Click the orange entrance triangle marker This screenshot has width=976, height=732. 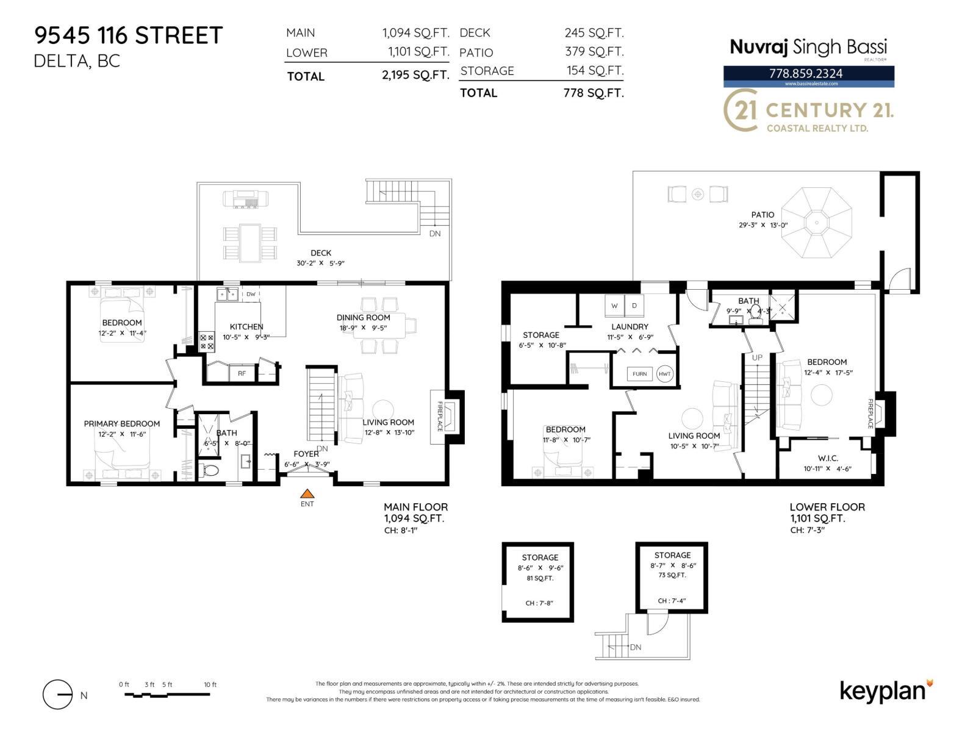(x=307, y=494)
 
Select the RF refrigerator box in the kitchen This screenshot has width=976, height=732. (x=242, y=373)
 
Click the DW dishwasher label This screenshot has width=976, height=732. (x=251, y=294)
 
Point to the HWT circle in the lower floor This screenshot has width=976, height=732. (x=665, y=374)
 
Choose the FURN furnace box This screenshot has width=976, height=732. (x=639, y=374)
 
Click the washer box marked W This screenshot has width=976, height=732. (x=614, y=305)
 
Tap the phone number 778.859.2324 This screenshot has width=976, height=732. (x=806, y=73)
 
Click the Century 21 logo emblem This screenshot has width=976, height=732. (x=741, y=110)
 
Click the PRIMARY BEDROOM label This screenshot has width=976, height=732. (x=122, y=423)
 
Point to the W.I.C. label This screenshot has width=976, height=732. (x=828, y=458)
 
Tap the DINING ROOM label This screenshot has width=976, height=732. (x=364, y=317)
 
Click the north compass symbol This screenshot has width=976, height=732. (x=59, y=695)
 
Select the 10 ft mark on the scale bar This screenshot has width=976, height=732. (x=210, y=684)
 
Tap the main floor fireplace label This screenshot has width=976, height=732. (x=440, y=417)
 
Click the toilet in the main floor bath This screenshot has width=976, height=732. (x=210, y=470)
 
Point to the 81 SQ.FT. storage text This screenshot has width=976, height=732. (x=540, y=578)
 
